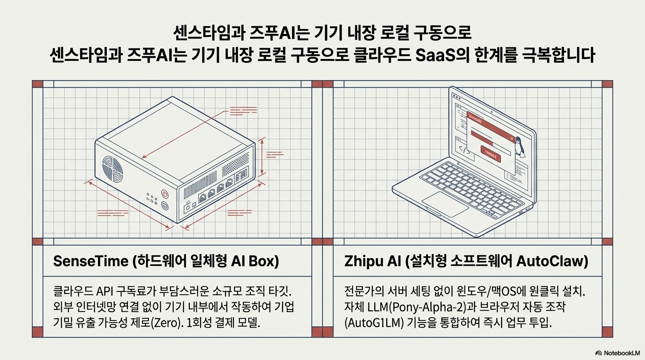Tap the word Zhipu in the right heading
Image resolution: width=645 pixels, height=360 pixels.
(x=360, y=262)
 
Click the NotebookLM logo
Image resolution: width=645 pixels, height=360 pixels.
(x=617, y=352)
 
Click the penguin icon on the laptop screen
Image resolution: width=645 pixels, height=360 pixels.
(x=518, y=146)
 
